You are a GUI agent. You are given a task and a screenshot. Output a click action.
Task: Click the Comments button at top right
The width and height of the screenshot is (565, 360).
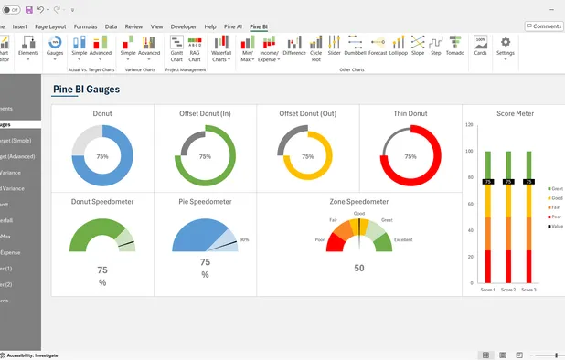tap(544, 26)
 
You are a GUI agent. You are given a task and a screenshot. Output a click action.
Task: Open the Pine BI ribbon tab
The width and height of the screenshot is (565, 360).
tap(259, 27)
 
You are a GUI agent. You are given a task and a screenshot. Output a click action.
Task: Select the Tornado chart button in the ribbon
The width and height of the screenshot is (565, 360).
tap(455, 47)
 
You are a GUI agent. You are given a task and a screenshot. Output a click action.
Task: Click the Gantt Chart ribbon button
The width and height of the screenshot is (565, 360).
tap(176, 48)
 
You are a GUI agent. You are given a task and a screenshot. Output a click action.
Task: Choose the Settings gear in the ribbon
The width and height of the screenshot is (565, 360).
tap(505, 47)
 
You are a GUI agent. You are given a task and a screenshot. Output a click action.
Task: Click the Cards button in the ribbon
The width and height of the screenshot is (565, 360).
tap(480, 47)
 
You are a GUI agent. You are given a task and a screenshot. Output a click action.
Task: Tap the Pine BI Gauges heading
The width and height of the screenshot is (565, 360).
tap(86, 90)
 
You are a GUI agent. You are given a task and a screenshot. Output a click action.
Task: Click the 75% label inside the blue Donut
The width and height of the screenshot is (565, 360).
tap(102, 157)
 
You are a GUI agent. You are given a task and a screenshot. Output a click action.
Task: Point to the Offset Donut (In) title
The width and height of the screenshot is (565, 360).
tap(205, 114)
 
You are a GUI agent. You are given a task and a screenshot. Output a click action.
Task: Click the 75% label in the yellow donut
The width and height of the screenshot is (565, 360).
tap(308, 157)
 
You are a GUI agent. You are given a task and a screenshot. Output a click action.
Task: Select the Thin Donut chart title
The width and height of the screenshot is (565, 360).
tap(410, 114)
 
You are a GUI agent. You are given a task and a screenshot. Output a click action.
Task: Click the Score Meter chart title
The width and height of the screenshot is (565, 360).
tap(515, 114)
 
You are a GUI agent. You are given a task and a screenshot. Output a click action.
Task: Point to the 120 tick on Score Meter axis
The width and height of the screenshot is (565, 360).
tap(469, 125)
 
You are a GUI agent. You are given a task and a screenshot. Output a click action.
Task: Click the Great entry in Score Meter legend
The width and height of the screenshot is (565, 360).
tap(556, 188)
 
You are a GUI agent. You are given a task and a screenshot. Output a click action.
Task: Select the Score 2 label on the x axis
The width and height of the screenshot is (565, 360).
tap(507, 290)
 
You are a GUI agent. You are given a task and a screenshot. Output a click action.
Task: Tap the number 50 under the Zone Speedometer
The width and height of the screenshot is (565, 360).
tap(359, 268)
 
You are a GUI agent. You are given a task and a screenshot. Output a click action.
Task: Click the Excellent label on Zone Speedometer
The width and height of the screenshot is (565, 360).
tap(403, 239)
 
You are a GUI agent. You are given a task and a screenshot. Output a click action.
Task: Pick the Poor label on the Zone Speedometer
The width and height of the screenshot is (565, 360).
tap(320, 239)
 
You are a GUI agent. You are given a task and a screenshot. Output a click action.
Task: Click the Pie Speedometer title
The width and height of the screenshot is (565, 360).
tap(205, 202)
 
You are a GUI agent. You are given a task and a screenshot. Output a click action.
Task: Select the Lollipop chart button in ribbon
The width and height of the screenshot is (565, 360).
tap(397, 47)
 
